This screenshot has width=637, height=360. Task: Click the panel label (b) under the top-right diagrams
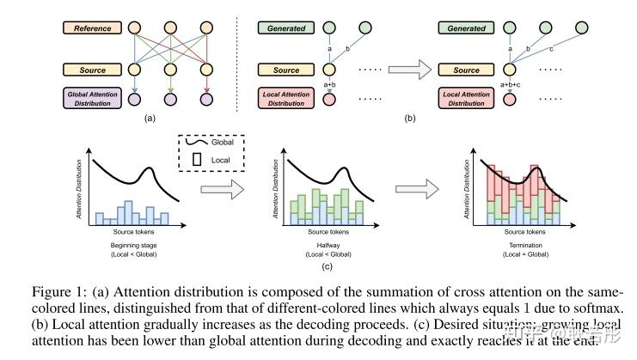pos(410,118)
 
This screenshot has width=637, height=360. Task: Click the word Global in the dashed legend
pos(223,143)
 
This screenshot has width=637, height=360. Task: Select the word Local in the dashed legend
pos(221,159)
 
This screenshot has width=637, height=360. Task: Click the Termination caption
pos(518,247)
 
